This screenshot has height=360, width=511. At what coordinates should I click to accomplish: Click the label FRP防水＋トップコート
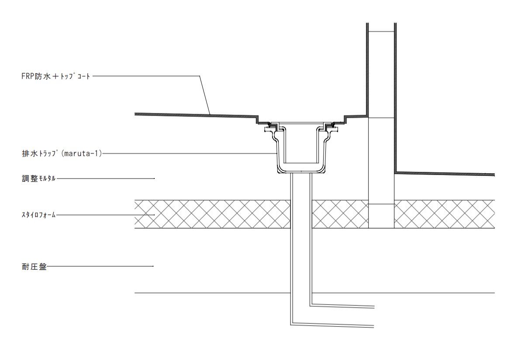tap(56, 77)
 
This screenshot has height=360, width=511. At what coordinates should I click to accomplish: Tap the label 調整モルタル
tap(38, 178)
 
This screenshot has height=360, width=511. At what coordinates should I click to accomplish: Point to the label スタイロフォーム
tap(38, 215)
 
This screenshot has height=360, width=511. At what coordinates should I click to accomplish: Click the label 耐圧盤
tap(34, 267)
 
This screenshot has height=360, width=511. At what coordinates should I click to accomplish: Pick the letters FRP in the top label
tap(28, 77)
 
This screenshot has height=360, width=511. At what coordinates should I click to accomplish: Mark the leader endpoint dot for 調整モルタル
tap(154, 178)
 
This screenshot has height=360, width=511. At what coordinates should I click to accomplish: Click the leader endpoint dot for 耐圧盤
tap(153, 266)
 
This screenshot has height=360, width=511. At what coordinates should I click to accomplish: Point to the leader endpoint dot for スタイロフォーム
tap(154, 215)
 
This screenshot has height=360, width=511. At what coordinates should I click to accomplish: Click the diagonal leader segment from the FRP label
tap(205, 95)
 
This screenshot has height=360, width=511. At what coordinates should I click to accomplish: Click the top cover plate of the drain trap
tap(301, 123)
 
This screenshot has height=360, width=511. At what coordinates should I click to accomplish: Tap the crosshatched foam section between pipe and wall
tap(340, 214)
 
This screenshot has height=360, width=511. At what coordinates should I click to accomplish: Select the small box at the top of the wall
tap(381, 27)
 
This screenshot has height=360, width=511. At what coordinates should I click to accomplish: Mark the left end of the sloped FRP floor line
tap(135, 114)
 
